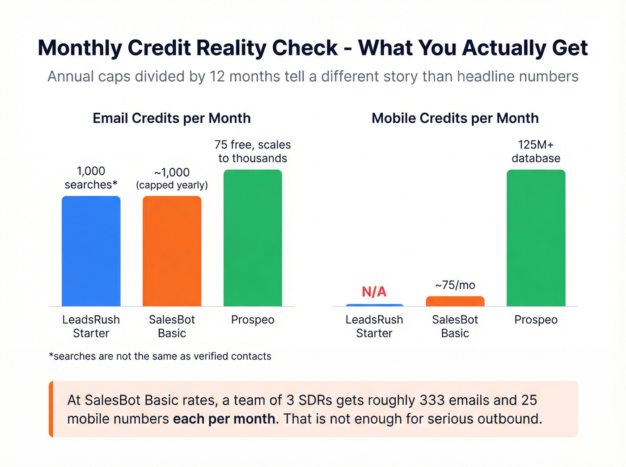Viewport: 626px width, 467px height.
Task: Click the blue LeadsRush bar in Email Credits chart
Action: click(91, 251)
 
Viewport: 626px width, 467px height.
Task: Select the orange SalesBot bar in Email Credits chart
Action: click(172, 251)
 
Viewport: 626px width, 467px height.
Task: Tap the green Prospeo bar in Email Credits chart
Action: click(253, 238)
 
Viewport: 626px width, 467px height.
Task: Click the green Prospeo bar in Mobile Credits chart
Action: click(536, 238)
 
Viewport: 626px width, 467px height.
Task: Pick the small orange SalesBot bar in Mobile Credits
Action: click(455, 301)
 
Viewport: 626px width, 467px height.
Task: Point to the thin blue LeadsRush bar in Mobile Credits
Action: click(374, 305)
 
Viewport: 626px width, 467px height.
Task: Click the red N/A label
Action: click(374, 292)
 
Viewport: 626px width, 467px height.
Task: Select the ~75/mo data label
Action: click(455, 285)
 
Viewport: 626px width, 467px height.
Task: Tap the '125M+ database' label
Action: click(536, 151)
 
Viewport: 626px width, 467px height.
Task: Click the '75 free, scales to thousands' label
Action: click(253, 151)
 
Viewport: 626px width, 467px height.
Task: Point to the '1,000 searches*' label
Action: click(91, 178)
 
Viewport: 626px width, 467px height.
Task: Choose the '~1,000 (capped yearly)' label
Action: click(172, 178)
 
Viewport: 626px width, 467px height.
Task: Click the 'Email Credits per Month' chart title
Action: click(172, 118)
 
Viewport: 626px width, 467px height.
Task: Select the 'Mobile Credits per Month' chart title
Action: click(455, 118)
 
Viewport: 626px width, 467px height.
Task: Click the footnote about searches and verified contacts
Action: click(160, 356)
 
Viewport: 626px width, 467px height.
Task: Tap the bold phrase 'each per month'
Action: click(224, 419)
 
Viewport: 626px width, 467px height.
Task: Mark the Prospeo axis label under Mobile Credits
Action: click(536, 320)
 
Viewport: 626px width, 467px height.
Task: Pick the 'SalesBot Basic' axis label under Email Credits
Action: click(172, 326)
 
